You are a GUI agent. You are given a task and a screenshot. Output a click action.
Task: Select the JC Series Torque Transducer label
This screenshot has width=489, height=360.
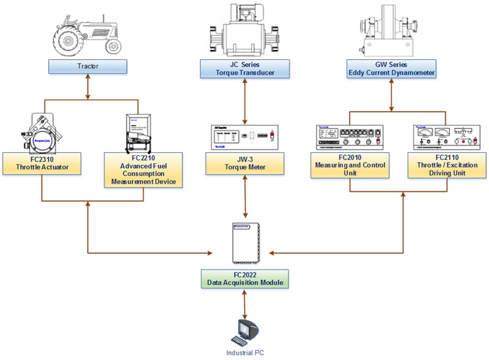coord(245,68)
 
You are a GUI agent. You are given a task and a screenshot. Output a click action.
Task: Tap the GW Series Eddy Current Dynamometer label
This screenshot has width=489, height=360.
coord(391,68)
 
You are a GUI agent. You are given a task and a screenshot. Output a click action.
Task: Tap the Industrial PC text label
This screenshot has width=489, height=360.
coord(245,353)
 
